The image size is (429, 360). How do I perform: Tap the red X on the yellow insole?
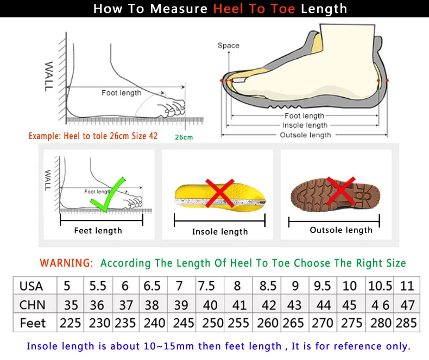(x=220, y=193)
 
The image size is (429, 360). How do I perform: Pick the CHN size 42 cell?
(x=268, y=305)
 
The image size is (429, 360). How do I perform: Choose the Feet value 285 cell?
(x=407, y=323)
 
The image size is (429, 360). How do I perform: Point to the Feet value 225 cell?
(x=70, y=323)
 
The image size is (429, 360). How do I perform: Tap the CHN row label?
(x=32, y=305)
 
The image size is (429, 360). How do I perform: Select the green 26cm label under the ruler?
(x=184, y=137)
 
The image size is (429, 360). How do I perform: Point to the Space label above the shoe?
(x=228, y=46)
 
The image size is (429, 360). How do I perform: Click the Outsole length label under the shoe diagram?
(x=305, y=135)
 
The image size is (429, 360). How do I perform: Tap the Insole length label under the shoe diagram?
(x=305, y=125)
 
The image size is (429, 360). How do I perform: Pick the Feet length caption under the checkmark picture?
(x=98, y=231)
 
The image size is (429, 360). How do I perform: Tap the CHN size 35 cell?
(x=70, y=305)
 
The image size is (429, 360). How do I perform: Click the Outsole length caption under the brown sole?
(x=341, y=230)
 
